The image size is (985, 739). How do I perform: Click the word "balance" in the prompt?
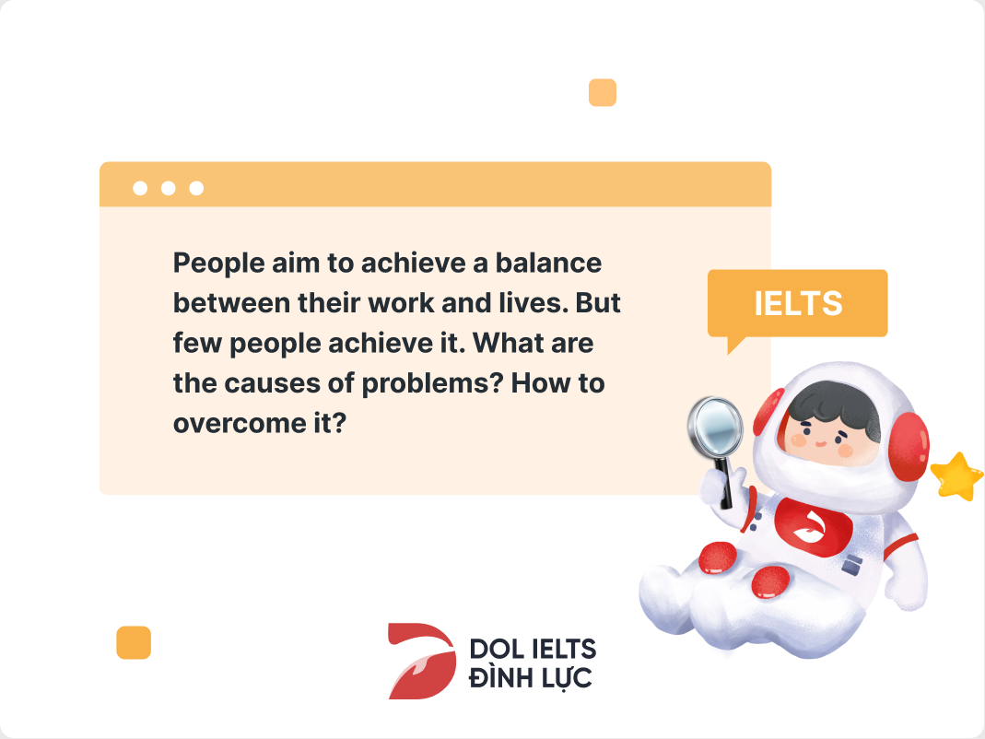coord(548,263)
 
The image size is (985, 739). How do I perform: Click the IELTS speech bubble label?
coord(798,303)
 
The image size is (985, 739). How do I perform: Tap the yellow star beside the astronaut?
coord(956,476)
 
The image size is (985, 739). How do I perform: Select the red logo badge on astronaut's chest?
coord(812,525)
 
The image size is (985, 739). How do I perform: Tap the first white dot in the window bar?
coord(140,188)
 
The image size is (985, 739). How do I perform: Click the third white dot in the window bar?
coord(196,188)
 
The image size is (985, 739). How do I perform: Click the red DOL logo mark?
coord(421,661)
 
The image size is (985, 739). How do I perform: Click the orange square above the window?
coord(603,92)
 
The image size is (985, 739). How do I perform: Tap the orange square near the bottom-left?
coord(134,642)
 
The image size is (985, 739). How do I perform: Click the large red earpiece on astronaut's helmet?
coord(909,446)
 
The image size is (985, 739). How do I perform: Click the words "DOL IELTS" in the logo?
coord(533,649)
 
